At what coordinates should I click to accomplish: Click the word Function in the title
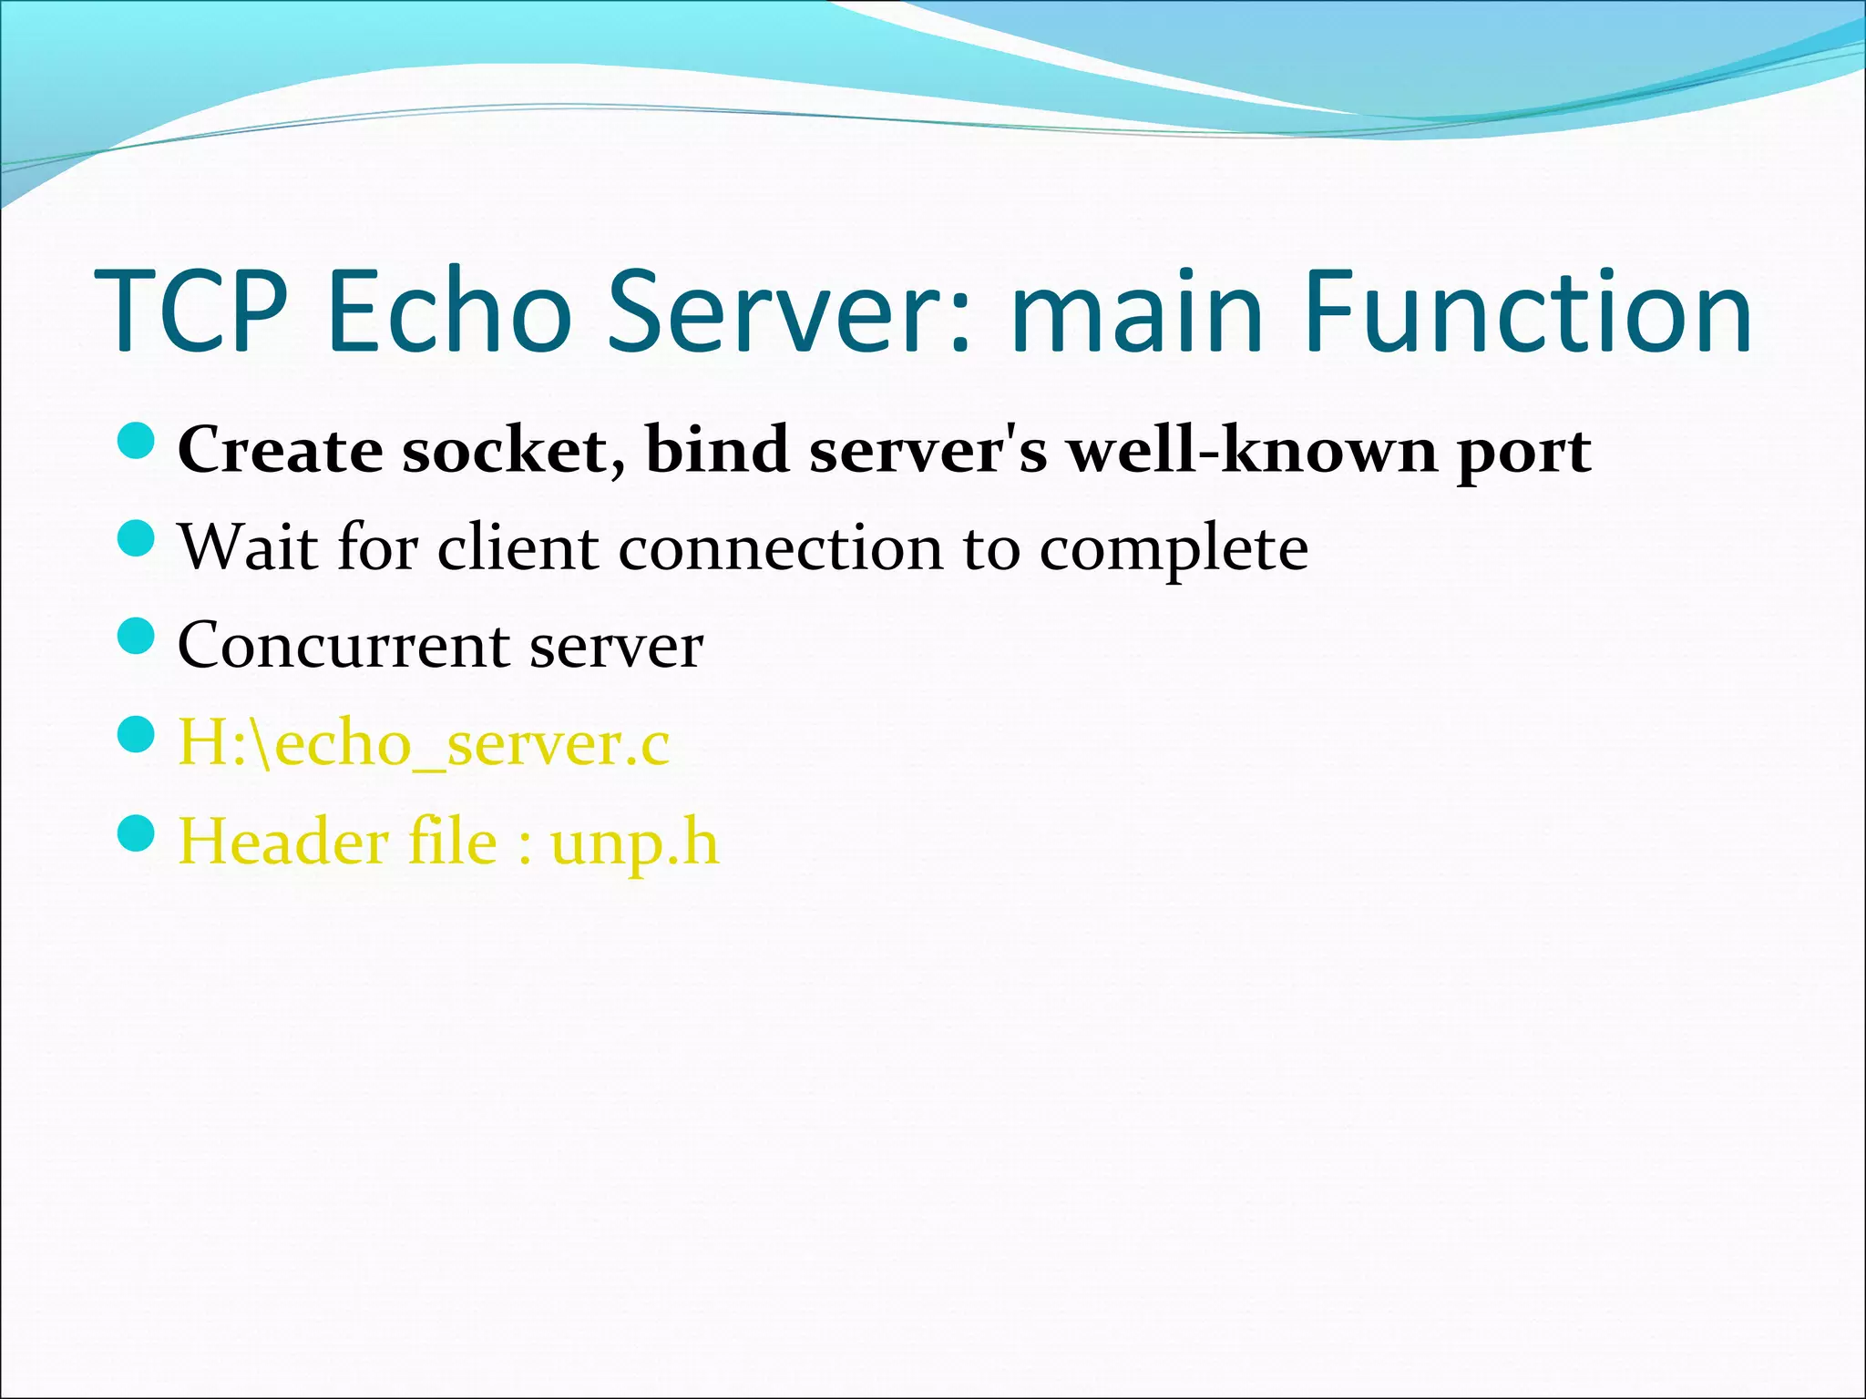1527,311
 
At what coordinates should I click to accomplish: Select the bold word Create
280,451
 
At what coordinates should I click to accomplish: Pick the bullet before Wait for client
138,538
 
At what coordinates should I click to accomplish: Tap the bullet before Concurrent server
138,636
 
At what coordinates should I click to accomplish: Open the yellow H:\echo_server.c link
424,743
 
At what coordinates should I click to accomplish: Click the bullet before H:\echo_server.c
138,733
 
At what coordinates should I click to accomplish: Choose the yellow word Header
282,841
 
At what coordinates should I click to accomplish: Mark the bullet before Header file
138,832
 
